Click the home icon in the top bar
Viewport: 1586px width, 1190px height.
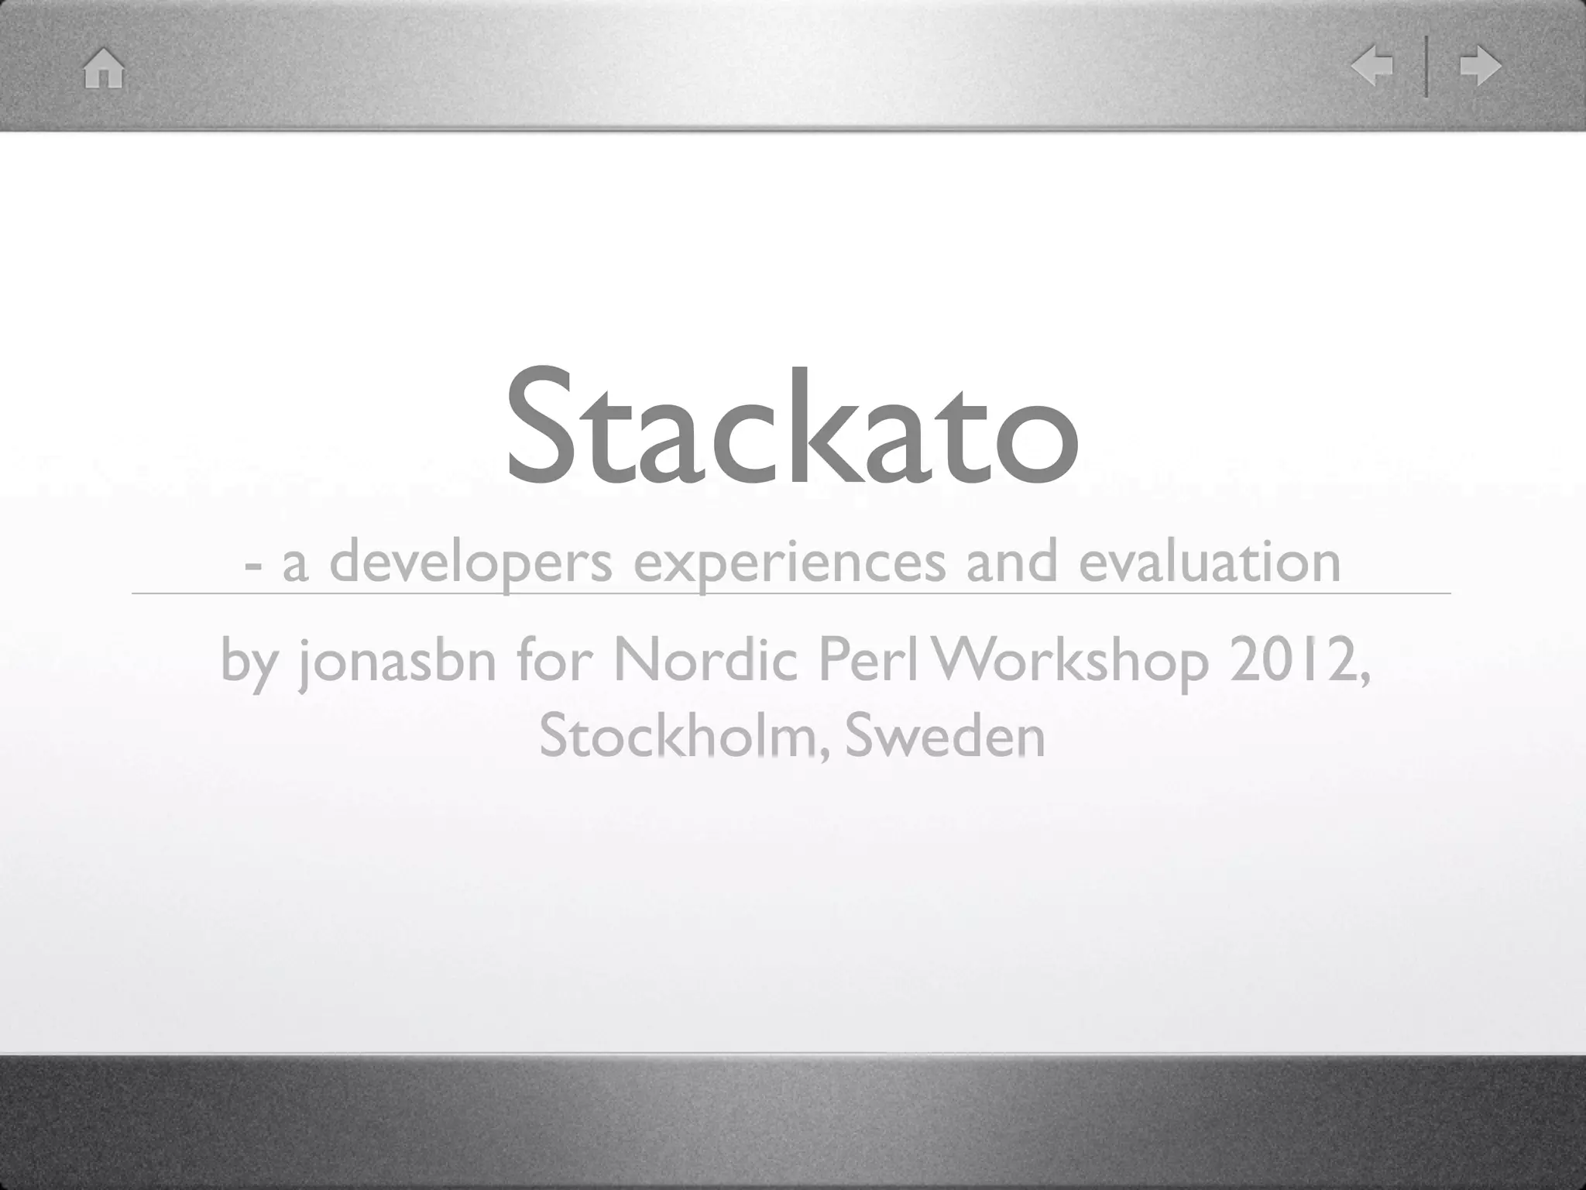click(104, 68)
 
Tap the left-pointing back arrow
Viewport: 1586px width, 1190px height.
click(1371, 66)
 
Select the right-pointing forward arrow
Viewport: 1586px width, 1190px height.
click(1480, 66)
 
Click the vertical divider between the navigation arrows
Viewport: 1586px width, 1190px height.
click(1426, 67)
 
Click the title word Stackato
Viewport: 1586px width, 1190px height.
click(791, 425)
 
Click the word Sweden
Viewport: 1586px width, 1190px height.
click(945, 736)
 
